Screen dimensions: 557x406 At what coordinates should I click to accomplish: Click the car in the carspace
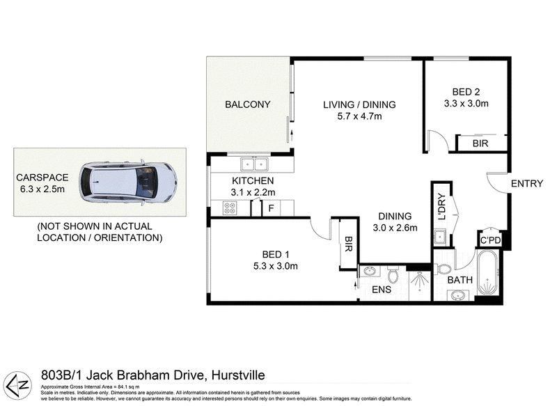[128, 182]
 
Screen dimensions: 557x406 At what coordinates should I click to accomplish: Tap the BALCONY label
[248, 104]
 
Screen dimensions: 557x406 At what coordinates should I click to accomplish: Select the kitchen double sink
[254, 164]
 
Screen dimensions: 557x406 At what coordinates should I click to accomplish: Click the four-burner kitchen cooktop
[230, 208]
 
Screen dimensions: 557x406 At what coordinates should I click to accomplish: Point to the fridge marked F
[271, 208]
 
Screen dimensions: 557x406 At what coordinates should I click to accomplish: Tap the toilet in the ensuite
[393, 274]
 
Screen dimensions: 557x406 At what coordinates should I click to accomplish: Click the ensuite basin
[370, 272]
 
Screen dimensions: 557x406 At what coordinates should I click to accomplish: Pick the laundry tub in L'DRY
[441, 237]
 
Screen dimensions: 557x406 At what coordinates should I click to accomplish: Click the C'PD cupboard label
[490, 240]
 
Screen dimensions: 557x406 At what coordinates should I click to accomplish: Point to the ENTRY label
[527, 183]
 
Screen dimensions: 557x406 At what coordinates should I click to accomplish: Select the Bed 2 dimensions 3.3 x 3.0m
[466, 103]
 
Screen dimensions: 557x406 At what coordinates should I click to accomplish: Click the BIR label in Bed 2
[480, 143]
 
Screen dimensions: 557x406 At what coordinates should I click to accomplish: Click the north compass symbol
[19, 385]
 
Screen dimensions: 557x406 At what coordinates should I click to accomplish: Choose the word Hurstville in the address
[238, 375]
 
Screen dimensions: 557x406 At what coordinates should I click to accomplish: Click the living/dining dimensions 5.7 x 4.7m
[359, 116]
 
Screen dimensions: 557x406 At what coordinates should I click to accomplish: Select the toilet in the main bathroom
[443, 270]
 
